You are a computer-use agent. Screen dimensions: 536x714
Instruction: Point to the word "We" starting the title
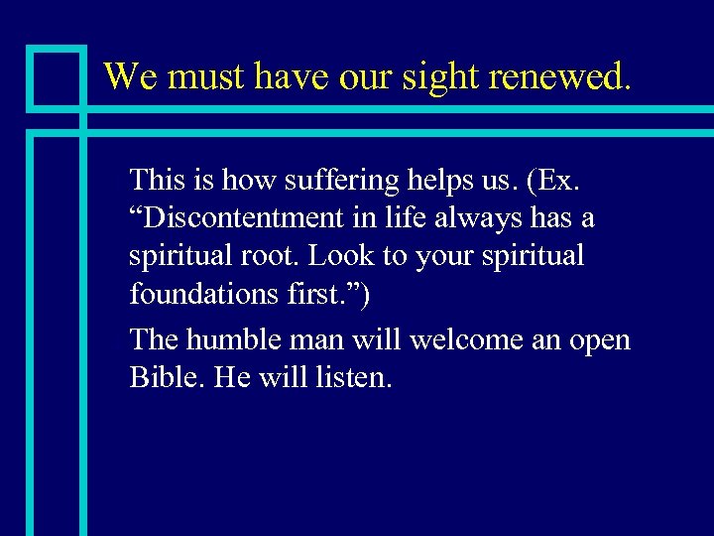tap(131, 75)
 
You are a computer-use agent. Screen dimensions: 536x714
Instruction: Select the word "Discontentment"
tap(245, 217)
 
